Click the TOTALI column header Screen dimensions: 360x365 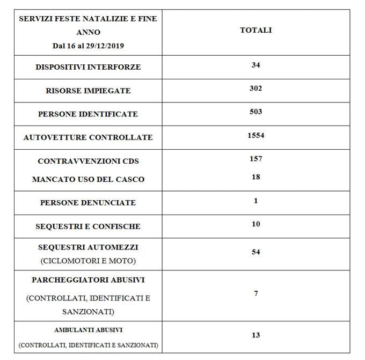coord(255,30)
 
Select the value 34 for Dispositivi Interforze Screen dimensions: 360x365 coord(255,65)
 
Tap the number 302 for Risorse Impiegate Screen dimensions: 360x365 coord(255,88)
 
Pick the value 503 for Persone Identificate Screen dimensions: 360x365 coord(255,112)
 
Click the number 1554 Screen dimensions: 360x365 coord(255,135)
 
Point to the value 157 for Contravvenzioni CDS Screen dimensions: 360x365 coord(255,158)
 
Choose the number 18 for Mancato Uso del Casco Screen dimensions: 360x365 coord(255,177)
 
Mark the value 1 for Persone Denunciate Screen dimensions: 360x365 coord(255,201)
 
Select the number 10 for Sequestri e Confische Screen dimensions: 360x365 coord(255,224)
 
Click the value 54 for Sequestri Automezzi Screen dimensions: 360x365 coord(255,252)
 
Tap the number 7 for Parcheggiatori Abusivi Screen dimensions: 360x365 coord(255,293)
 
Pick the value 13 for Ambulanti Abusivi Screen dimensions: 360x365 coord(255,335)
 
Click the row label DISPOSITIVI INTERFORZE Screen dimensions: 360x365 coord(88,67)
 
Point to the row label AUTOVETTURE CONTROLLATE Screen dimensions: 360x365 coord(88,137)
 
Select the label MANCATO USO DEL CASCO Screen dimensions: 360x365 coord(88,179)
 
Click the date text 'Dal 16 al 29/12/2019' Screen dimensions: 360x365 coord(88,46)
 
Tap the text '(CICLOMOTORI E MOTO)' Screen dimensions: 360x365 coord(88,261)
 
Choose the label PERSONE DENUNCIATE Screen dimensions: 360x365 coord(88,203)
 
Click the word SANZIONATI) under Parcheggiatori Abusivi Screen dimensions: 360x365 coord(88,311)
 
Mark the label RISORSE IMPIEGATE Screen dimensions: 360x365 coord(88,91)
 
